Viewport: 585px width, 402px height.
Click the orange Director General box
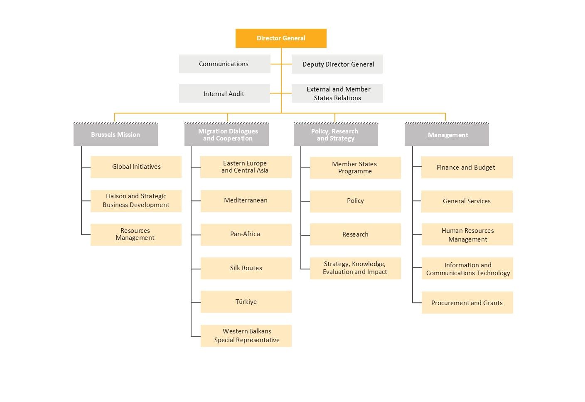[281, 38]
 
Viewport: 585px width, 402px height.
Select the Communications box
[224, 64]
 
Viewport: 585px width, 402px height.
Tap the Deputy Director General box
[337, 64]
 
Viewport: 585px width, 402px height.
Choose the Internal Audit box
[224, 94]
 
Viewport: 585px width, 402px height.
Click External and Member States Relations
[337, 94]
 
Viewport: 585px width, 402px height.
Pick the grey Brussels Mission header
[116, 135]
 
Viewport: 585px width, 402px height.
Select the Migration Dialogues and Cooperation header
[227, 135]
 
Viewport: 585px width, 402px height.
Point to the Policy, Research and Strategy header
[336, 135]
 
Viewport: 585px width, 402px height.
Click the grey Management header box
[447, 135]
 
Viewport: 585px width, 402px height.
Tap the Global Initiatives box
[136, 167]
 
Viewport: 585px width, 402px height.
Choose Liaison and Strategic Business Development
[136, 201]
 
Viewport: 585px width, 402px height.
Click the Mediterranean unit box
[246, 201]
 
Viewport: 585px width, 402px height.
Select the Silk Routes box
[246, 268]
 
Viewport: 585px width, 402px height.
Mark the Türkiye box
[246, 302]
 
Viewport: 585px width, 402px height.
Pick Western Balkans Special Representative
[246, 336]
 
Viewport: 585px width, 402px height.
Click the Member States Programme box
[355, 168]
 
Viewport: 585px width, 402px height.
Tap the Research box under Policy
[355, 234]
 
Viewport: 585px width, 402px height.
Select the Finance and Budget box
[467, 168]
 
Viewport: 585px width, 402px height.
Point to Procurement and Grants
[467, 303]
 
